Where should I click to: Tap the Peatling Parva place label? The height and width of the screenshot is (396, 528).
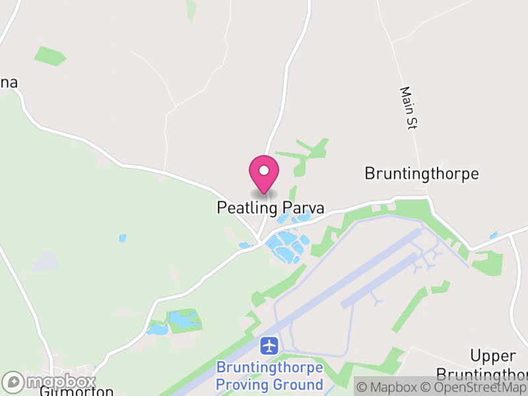pyautogui.click(x=271, y=208)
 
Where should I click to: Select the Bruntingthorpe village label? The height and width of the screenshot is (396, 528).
pyautogui.click(x=421, y=174)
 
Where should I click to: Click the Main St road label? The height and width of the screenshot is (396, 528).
pyautogui.click(x=409, y=108)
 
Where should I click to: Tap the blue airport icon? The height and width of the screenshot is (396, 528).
pyautogui.click(x=269, y=345)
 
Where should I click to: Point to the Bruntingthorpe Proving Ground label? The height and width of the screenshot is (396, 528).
pyautogui.click(x=270, y=376)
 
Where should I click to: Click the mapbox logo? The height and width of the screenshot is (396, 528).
pyautogui.click(x=49, y=382)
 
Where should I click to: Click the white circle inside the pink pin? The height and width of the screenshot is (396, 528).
pyautogui.click(x=264, y=171)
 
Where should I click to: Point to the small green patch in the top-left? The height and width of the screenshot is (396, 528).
pyautogui.click(x=50, y=55)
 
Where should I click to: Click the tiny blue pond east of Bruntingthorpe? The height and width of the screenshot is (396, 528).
pyautogui.click(x=494, y=235)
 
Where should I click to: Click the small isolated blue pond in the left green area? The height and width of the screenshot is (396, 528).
pyautogui.click(x=122, y=238)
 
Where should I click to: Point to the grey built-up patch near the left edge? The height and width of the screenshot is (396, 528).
pyautogui.click(x=45, y=262)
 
